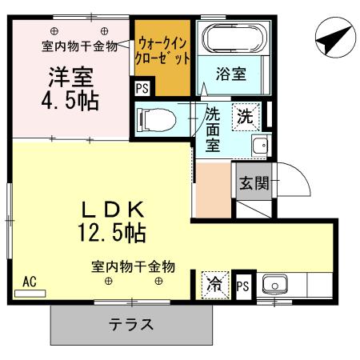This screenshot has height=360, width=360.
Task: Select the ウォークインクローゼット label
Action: pos(163,51)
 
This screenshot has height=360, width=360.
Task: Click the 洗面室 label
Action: pos(214,130)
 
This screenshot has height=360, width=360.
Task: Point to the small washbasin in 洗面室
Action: pos(259,147)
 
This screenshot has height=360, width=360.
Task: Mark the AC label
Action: pos(30,282)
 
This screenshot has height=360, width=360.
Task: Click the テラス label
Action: pos(132,325)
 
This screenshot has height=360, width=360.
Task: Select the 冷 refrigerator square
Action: pos(214,283)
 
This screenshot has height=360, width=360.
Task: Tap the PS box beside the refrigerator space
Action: pos(243,285)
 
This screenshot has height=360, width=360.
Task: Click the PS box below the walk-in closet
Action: pos(142,88)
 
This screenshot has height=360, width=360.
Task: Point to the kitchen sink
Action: pos(275,285)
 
